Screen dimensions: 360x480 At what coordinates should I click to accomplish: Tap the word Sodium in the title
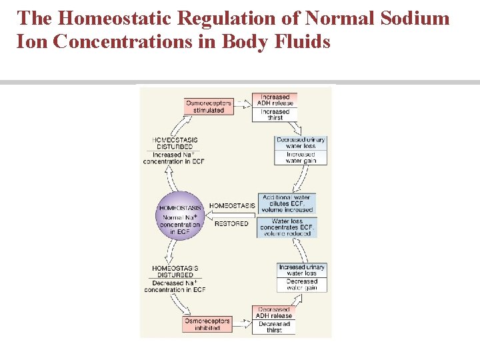pos(414,18)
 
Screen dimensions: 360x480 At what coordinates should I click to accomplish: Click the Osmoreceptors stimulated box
pos(209,106)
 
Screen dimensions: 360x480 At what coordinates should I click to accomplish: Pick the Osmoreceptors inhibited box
pos(207,324)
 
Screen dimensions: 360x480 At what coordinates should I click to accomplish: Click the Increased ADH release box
pos(275,100)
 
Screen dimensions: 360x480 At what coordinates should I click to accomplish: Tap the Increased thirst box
pos(275,115)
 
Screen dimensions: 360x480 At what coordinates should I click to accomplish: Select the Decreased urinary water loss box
pos(301,143)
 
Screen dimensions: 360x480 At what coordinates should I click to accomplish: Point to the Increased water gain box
pos(301,157)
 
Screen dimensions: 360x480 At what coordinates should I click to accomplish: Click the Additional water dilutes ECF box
pos(287,203)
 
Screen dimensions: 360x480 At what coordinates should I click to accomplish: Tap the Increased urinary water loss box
pos(301,270)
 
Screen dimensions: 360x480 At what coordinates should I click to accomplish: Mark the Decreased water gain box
pos(301,285)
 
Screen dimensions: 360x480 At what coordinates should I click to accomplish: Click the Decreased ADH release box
pos(274,313)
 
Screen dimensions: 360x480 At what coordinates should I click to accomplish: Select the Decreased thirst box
pos(274,327)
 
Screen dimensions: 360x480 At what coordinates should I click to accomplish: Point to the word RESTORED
pos(231,224)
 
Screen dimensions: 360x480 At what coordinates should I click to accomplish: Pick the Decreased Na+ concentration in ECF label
pos(175,286)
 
